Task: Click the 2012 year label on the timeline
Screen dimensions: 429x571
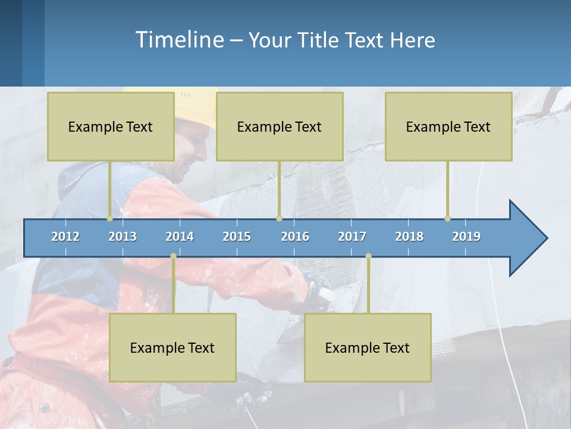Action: tap(65, 237)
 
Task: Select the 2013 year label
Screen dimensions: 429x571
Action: tap(123, 237)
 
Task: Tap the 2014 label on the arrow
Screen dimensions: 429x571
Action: tap(180, 237)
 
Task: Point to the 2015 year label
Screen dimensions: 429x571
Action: tap(237, 237)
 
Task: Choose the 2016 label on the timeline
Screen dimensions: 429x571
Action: tap(295, 237)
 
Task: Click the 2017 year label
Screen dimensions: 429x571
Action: tap(352, 237)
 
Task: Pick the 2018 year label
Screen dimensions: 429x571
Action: tap(409, 237)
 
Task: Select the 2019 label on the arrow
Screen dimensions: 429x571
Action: tap(466, 237)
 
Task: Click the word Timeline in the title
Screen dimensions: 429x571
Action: tap(178, 40)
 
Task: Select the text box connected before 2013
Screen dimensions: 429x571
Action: tap(111, 126)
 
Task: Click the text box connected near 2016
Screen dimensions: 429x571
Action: tap(280, 126)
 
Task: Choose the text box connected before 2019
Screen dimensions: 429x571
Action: tap(448, 126)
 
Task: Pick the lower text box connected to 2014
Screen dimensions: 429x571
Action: tap(172, 347)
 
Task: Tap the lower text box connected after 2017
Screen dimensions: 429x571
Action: tap(368, 347)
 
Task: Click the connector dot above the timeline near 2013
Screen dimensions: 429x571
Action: tap(110, 218)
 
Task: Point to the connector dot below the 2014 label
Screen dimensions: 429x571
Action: tap(173, 256)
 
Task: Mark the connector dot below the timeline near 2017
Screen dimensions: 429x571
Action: tap(368, 256)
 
